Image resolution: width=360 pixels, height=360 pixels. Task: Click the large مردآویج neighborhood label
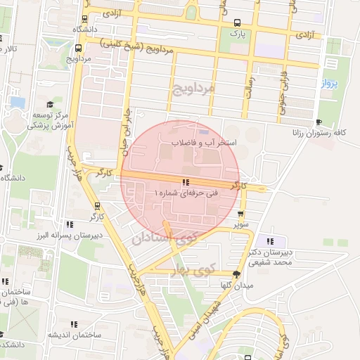pos(191,88)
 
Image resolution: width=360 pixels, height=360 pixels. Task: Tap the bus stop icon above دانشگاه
pos(85,20)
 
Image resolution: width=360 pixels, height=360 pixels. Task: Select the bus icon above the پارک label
pos(237,22)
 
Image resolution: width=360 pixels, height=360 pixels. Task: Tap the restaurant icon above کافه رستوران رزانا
pos(319,122)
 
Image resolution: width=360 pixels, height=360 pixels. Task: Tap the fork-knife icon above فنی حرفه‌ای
pos(185,182)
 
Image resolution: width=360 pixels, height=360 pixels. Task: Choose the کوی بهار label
pos(205,269)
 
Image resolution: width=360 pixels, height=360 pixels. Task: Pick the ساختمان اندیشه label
pos(67,334)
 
